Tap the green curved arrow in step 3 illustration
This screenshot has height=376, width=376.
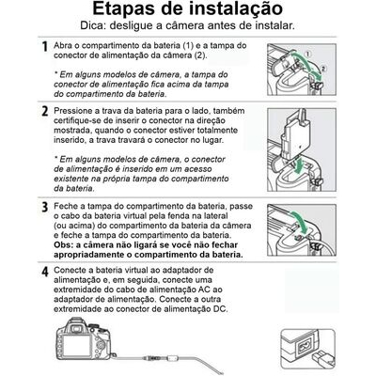(x=299, y=223)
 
